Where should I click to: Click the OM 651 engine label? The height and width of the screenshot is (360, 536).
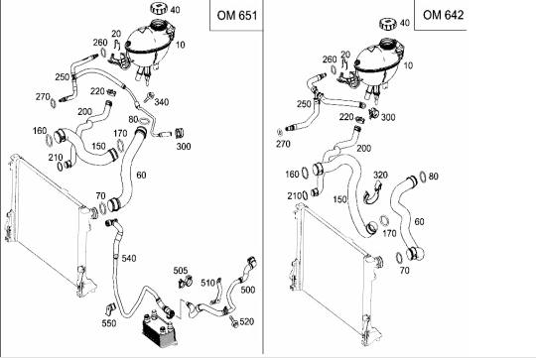tap(237, 15)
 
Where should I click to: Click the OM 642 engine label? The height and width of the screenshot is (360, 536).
tap(443, 15)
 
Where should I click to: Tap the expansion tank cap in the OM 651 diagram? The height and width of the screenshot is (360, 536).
tap(159, 8)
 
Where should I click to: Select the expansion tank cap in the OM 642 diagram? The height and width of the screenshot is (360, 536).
tap(389, 24)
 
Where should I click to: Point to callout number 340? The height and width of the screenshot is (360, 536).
tap(162, 102)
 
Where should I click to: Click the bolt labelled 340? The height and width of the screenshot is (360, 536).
tap(148, 97)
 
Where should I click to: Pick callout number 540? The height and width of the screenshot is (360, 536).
tap(128, 258)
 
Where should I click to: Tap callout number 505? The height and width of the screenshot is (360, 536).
tap(181, 271)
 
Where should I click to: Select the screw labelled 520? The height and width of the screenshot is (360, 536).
tap(234, 321)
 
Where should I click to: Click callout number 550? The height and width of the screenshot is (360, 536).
tap(109, 322)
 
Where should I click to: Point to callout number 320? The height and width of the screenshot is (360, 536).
tap(380, 176)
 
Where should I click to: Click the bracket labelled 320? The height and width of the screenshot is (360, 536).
tap(372, 193)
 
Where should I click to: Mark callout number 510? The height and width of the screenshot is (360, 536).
tap(207, 283)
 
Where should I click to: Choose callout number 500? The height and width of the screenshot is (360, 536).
tap(248, 290)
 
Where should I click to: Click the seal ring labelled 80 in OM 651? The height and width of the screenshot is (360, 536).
tap(145, 121)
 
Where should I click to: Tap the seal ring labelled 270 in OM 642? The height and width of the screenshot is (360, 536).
tap(279, 132)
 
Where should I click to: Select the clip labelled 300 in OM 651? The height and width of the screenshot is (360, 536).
tap(180, 133)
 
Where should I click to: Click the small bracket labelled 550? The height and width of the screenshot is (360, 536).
tap(110, 308)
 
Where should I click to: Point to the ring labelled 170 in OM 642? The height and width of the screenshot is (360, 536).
tap(384, 220)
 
